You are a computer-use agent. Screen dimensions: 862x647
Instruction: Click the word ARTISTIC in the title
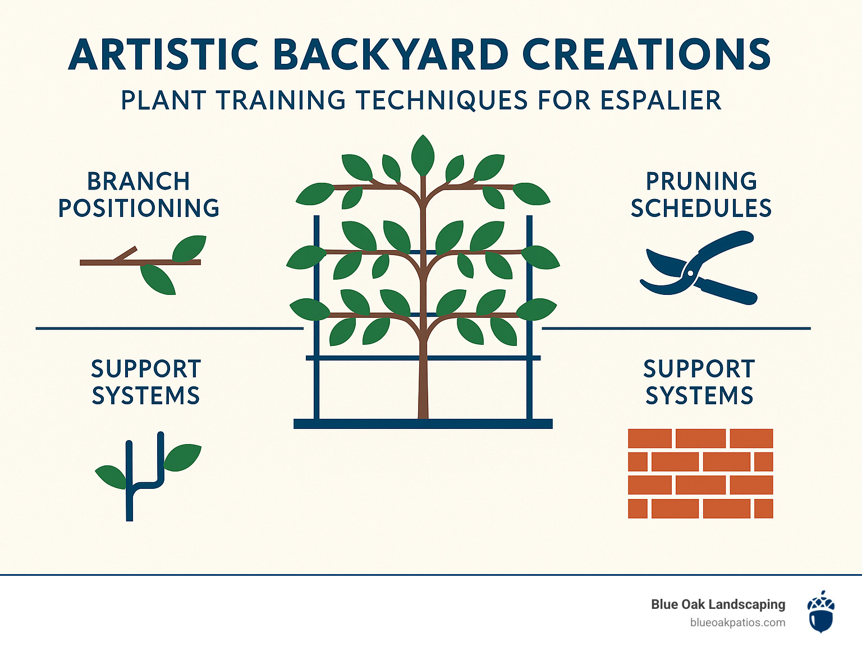point(163,54)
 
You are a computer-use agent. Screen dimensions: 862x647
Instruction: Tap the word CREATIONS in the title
point(646,54)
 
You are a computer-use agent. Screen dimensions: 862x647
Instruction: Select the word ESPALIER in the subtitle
point(661,100)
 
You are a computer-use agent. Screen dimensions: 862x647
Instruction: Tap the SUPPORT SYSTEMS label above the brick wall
point(699,382)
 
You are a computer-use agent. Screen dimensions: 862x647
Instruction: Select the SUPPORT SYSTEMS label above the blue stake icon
point(146,382)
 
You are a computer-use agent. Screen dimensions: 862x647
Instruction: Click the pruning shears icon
point(698,267)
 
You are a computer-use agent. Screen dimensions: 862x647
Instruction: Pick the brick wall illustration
point(700,474)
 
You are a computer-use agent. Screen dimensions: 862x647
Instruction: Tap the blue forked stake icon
point(148,477)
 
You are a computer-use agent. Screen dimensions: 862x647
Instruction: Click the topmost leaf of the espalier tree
point(423,155)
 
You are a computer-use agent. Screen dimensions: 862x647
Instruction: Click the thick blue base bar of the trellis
point(423,424)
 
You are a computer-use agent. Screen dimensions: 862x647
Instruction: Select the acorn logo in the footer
point(821,611)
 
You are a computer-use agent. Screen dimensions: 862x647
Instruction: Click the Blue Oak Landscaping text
point(718,604)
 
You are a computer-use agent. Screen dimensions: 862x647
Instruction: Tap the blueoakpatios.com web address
point(738,623)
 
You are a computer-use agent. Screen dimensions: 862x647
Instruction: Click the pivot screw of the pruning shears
point(690,272)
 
